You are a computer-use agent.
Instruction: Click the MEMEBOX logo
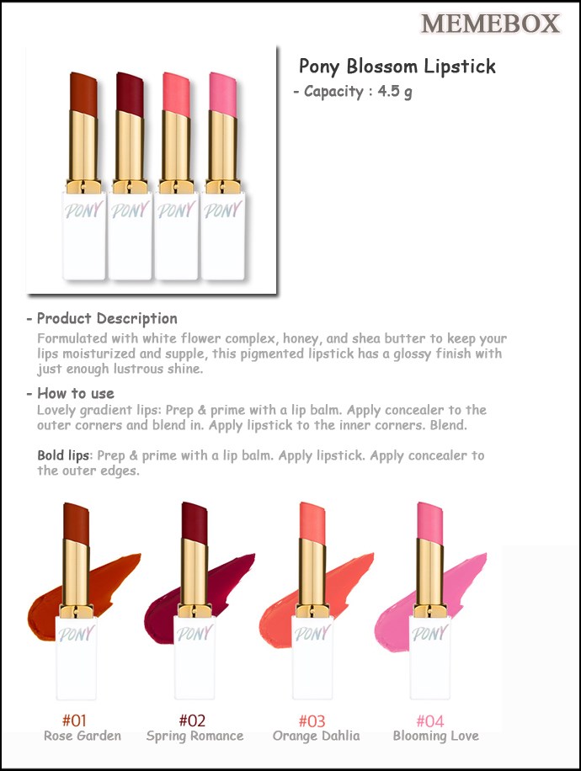click(490, 24)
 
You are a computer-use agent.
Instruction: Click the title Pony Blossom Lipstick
click(397, 66)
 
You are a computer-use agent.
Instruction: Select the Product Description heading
click(107, 319)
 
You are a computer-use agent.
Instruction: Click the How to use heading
click(76, 393)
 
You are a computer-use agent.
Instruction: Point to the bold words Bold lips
click(64, 456)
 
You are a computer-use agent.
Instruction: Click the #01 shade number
click(74, 720)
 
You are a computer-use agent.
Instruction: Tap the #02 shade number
click(192, 720)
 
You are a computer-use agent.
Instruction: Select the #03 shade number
click(312, 720)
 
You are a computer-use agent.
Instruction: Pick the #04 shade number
click(430, 720)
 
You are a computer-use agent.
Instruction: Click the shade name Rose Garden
click(83, 736)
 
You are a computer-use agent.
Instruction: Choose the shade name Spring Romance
click(195, 736)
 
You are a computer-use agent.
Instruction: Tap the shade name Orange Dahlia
click(317, 736)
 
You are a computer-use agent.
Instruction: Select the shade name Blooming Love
click(436, 736)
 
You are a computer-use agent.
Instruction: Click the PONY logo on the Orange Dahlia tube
click(313, 633)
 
